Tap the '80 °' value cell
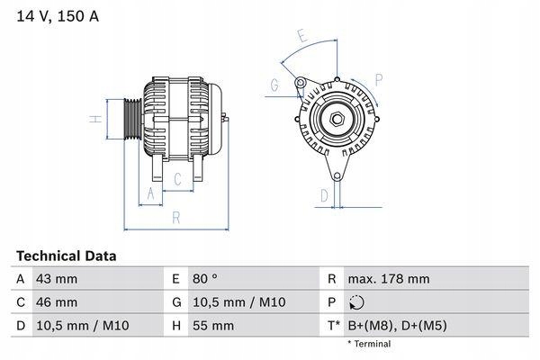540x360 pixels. click(208, 280)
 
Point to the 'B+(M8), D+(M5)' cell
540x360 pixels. click(396, 325)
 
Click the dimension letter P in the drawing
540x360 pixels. click(379, 79)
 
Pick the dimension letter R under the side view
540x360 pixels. click(175, 217)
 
